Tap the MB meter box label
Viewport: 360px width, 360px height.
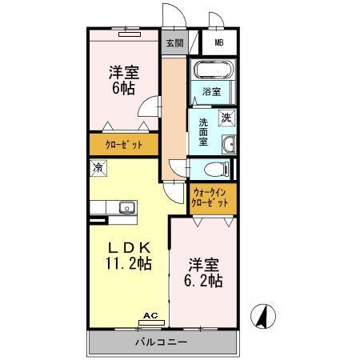point(218,44)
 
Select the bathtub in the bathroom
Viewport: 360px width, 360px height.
point(212,70)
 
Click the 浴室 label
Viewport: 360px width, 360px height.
point(212,91)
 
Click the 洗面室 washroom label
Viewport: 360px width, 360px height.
point(204,131)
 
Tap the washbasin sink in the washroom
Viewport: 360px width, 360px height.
point(228,143)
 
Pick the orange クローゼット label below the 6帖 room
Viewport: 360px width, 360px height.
point(124,145)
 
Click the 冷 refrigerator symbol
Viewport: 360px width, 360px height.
point(98,169)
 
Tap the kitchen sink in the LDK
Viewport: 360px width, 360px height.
point(126,208)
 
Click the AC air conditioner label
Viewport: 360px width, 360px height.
point(150,316)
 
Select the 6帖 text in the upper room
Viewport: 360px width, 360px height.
point(124,88)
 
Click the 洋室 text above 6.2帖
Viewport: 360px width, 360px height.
point(203,263)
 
